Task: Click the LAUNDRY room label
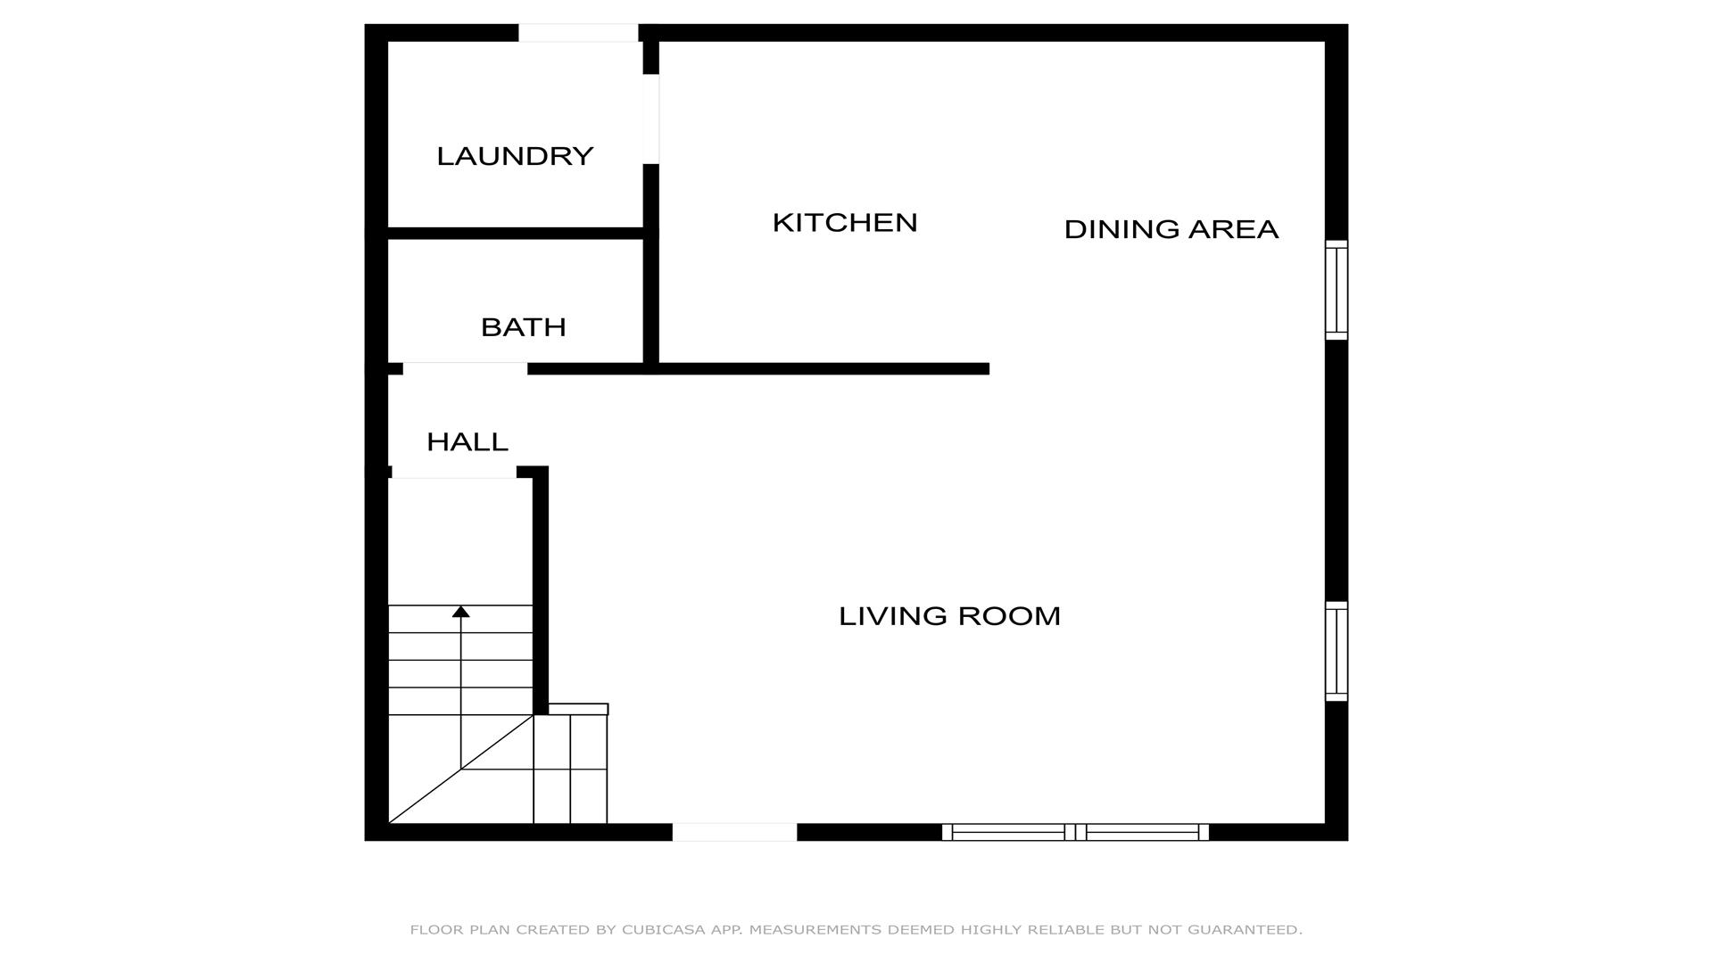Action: click(515, 156)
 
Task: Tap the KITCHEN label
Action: click(845, 222)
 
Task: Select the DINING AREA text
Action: click(1171, 229)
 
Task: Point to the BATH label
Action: click(524, 327)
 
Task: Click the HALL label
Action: click(468, 441)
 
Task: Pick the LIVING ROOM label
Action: click(950, 616)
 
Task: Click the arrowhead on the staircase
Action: click(460, 612)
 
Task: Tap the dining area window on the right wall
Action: click(1336, 290)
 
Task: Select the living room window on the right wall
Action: click(1336, 651)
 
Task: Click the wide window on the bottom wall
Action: click(1075, 832)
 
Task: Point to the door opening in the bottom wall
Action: click(734, 832)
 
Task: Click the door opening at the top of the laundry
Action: click(578, 33)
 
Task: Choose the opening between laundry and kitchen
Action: click(651, 119)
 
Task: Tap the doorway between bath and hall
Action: click(465, 368)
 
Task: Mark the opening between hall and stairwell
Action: click(453, 472)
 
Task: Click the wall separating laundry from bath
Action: click(516, 234)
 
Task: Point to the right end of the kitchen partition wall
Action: click(989, 368)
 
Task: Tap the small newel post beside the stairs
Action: click(578, 709)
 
